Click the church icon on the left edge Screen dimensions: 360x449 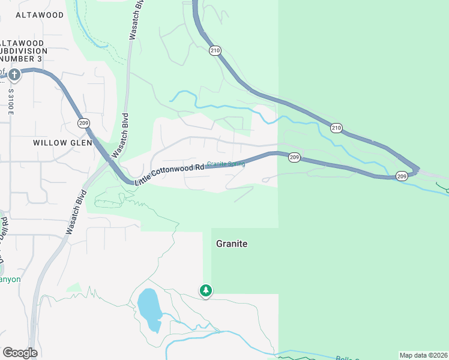tap(14, 74)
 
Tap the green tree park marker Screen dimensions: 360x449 tap(206, 291)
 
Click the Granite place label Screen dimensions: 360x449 tap(232, 244)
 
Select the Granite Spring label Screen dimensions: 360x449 tap(226, 164)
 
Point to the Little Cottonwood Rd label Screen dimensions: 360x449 tap(169, 174)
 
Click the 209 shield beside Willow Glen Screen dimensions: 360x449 tap(83, 123)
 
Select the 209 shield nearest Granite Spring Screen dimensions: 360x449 tap(294, 157)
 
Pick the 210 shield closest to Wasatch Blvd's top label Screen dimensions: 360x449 tap(215, 50)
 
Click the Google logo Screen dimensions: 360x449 tap(20, 353)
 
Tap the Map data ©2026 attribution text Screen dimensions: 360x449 tap(423, 355)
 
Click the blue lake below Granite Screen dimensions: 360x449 tap(149, 308)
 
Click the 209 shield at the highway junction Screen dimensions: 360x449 tap(401, 176)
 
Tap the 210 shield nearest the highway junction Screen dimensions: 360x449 tap(336, 128)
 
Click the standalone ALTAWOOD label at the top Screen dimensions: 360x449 tap(39, 14)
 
